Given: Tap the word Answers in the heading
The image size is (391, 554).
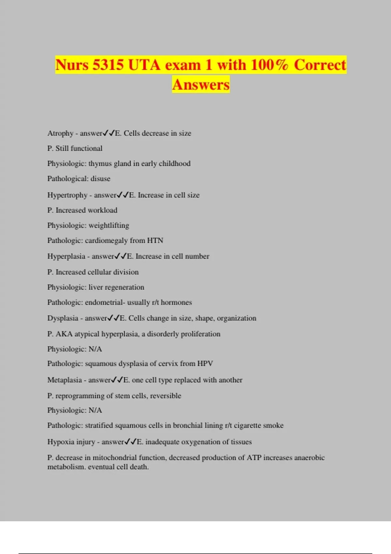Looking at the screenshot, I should click(x=201, y=84).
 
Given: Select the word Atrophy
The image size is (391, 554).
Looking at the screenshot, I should click(x=60, y=133).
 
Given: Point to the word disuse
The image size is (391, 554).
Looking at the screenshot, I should click(x=100, y=179).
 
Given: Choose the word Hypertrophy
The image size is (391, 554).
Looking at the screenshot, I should click(x=67, y=195).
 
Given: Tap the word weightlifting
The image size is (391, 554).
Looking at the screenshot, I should click(x=109, y=226).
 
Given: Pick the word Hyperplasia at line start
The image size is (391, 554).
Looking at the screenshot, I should click(x=66, y=256).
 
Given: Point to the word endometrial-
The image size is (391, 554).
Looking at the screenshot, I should click(x=105, y=302).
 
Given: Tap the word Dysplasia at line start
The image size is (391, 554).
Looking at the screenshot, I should click(x=63, y=318).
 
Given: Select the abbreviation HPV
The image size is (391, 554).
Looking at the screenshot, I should click(x=205, y=363).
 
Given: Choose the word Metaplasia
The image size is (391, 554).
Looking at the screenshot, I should click(x=65, y=380).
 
